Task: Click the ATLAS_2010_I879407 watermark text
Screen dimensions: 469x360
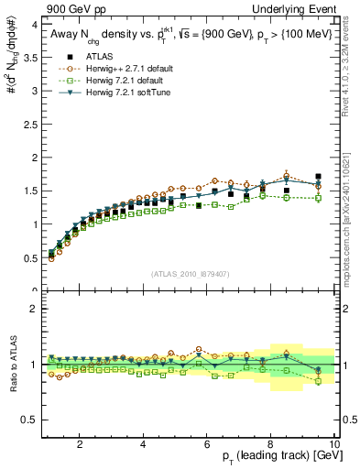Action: (190, 274)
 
